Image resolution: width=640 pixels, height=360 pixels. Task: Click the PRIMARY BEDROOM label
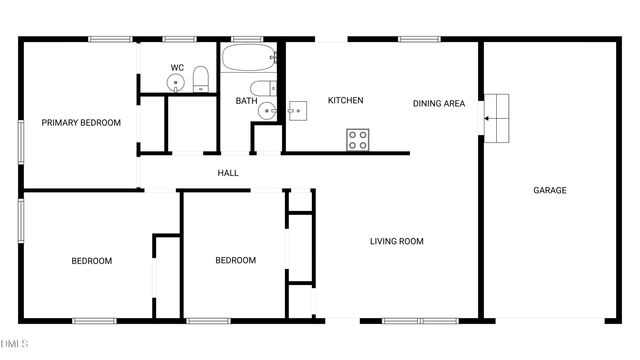pos(81,123)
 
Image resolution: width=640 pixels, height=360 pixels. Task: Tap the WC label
pos(177,68)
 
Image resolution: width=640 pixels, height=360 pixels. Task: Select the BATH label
pos(246,101)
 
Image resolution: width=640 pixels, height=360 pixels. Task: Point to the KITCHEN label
pos(345,101)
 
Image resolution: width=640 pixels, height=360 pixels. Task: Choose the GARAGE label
pos(549,190)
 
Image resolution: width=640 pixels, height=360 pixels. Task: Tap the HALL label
pos(228,173)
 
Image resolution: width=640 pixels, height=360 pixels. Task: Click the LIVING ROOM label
pos(397,241)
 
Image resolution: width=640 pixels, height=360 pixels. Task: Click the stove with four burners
pos(358,140)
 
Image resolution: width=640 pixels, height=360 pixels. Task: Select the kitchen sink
pos(297,110)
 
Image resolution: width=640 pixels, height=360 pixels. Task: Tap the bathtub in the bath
pos(250,57)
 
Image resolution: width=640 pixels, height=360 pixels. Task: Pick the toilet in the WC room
pos(200,79)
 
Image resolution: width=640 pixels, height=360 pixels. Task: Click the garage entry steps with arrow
pos(496,117)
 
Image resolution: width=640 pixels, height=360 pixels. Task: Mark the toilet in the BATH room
pos(260,88)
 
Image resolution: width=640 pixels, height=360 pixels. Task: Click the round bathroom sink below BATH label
pos(266,111)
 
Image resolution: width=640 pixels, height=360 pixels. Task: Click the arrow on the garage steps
pos(489,118)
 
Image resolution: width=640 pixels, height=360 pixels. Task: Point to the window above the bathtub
pos(246,39)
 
